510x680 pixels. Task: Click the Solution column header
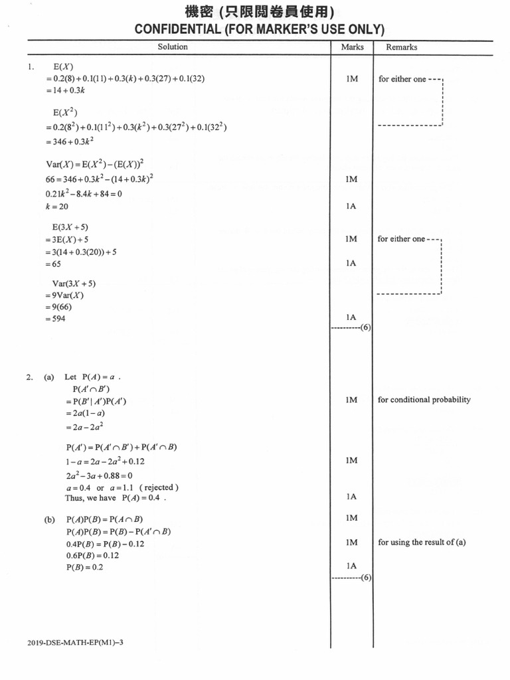coord(173,47)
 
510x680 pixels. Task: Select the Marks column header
coord(352,47)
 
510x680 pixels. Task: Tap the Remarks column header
coord(402,47)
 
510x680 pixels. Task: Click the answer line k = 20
coord(57,207)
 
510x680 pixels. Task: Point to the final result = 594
coord(55,319)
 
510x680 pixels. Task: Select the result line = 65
coord(53,264)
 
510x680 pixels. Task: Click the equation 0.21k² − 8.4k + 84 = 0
coord(84,193)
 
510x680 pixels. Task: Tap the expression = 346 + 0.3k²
coord(69,141)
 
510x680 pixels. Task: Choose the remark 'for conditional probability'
coord(424,399)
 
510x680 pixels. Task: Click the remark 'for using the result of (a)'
coord(422,542)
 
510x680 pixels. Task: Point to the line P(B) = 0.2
coord(84,567)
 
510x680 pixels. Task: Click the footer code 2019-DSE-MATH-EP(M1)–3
coord(75,642)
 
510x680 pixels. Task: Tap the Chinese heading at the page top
coord(260,12)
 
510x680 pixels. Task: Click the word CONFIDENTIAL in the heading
coord(178,29)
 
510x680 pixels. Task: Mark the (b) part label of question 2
coord(49,519)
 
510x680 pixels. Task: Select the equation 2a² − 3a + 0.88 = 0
coord(100,475)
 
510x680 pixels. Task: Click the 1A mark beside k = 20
coord(351,206)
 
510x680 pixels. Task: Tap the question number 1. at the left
coord(31,67)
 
